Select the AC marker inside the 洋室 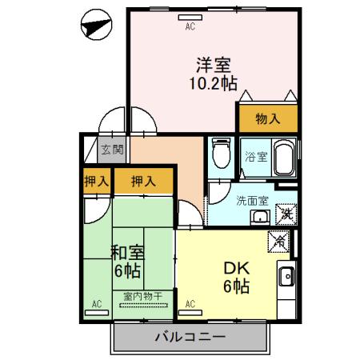click(x=190, y=26)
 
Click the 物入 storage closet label click(x=267, y=119)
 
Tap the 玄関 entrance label click(x=112, y=150)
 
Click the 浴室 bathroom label click(x=255, y=158)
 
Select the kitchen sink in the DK click(x=286, y=278)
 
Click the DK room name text click(x=238, y=270)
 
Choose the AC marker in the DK click(x=190, y=304)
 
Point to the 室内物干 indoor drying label click(x=142, y=296)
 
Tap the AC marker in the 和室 click(x=97, y=304)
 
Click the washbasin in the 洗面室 click(x=260, y=216)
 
